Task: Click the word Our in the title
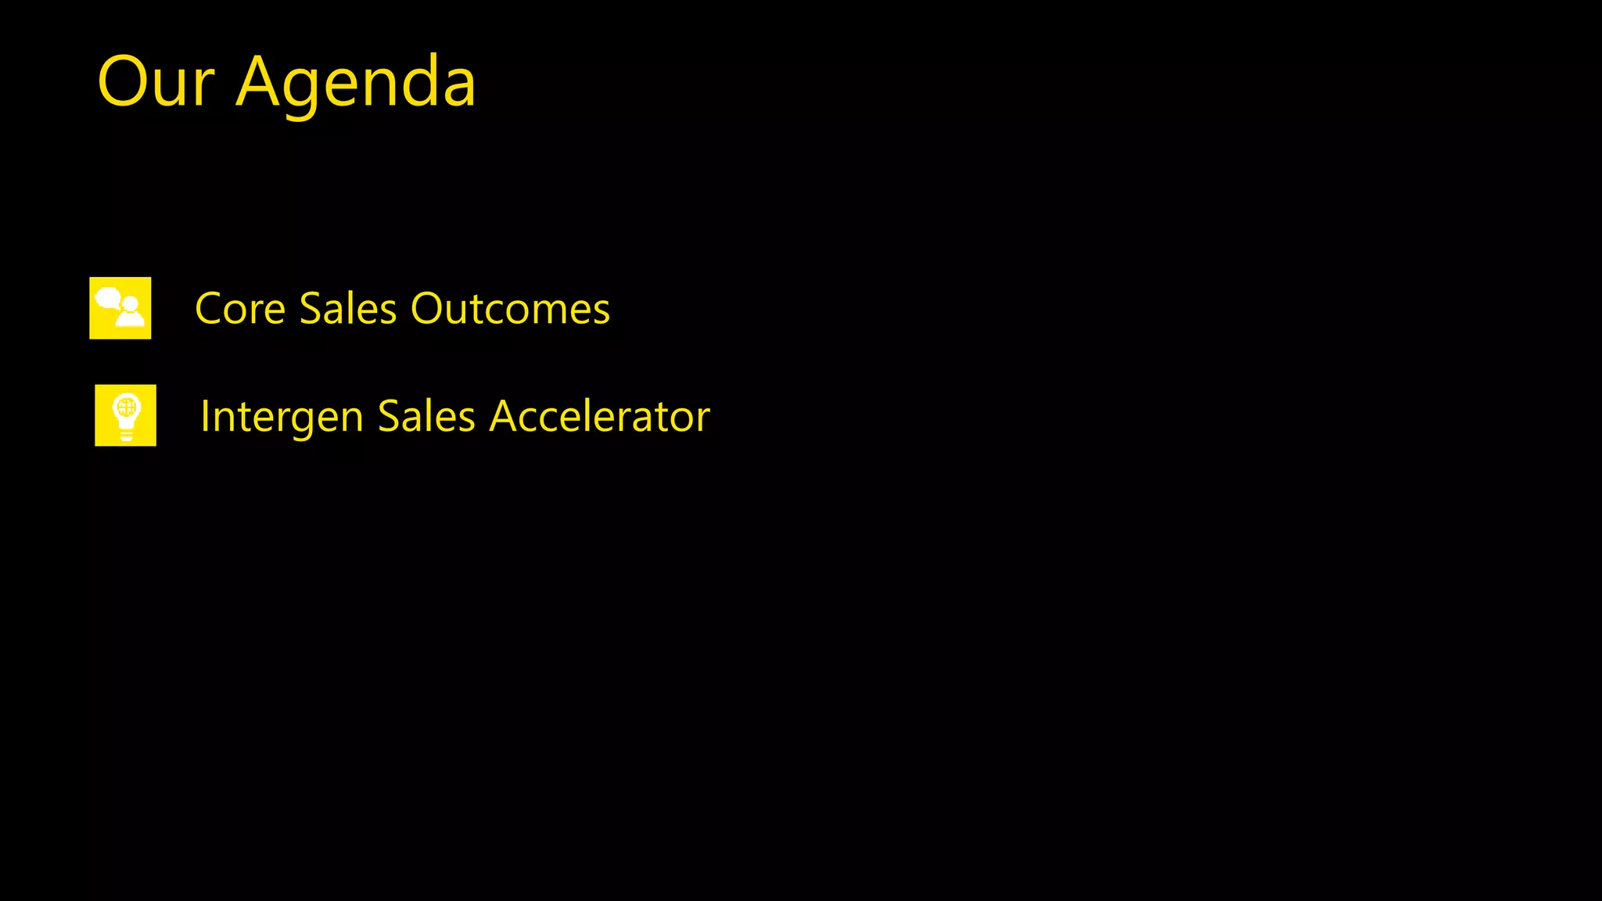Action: point(156,82)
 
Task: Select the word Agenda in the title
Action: point(356,84)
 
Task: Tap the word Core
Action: point(240,308)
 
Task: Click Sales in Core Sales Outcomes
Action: point(348,308)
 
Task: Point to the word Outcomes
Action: point(510,308)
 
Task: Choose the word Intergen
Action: point(282,417)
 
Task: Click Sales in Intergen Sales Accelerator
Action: point(426,416)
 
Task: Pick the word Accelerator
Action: point(599,416)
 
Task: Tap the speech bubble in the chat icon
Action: point(108,298)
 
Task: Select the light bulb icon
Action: point(125,415)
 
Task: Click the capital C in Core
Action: point(210,308)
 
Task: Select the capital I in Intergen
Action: point(205,416)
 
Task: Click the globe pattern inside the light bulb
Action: point(126,407)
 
